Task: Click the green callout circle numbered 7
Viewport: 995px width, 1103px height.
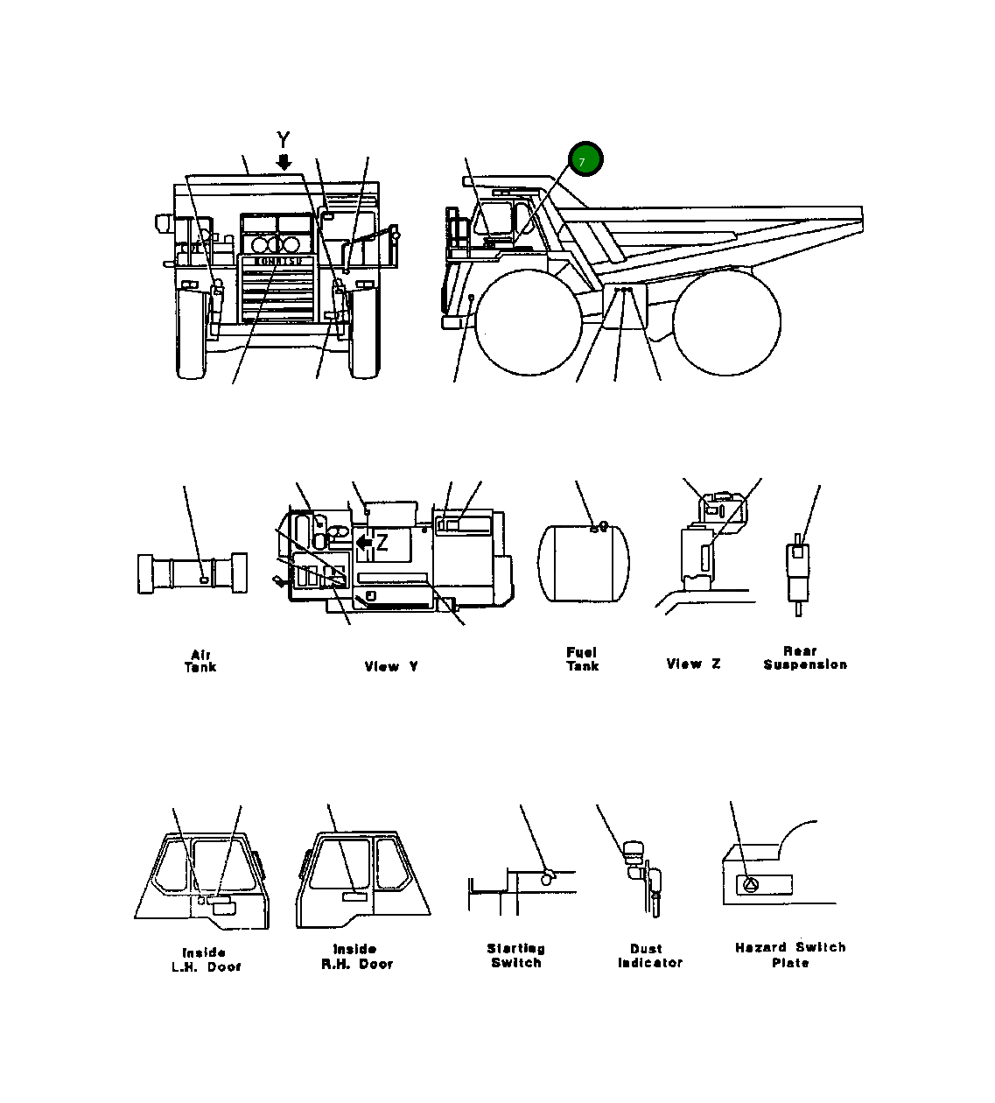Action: coord(585,159)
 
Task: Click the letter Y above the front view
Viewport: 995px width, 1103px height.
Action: coord(283,139)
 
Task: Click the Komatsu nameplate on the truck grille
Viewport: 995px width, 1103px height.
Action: coord(278,261)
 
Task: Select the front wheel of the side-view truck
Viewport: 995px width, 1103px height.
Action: coord(528,322)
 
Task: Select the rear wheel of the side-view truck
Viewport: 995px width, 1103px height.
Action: coord(726,322)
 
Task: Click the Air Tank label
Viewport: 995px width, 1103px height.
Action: coord(200,661)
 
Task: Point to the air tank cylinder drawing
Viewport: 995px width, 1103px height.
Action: coord(193,573)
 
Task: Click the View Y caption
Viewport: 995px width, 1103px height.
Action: coord(391,666)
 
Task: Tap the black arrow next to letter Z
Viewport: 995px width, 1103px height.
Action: coord(365,544)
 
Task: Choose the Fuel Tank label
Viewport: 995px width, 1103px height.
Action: coord(582,659)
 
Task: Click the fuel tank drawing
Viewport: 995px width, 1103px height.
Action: coord(583,564)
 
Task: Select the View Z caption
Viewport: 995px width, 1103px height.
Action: coord(693,664)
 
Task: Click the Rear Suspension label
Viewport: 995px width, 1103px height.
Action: coord(804,658)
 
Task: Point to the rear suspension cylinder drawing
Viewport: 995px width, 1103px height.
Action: coord(797,573)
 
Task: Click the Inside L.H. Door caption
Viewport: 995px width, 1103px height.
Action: coord(206,959)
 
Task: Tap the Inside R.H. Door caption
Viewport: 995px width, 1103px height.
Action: coord(356,956)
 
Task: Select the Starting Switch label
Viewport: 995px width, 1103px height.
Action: coord(515,955)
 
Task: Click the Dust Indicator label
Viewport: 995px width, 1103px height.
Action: coord(649,955)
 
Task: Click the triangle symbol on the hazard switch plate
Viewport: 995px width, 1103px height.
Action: coord(750,885)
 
